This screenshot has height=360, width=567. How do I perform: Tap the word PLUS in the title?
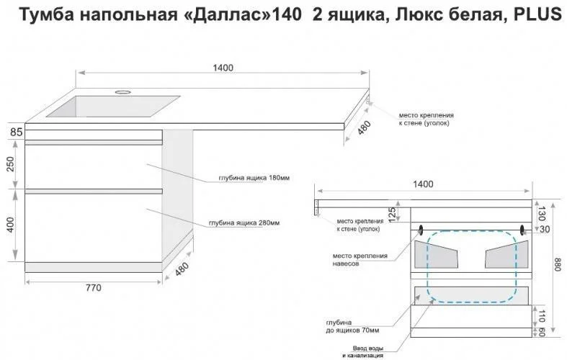[x=537, y=14]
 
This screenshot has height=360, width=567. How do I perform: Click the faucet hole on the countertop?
[x=123, y=92]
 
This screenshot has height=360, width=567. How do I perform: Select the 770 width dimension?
[x=93, y=288]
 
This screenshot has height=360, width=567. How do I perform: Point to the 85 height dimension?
[x=17, y=132]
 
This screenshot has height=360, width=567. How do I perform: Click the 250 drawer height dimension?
[x=10, y=164]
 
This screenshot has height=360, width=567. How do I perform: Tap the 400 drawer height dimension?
[x=10, y=225]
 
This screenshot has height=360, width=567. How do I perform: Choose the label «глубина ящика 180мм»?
[x=254, y=178]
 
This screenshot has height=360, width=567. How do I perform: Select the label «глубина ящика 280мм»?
[x=244, y=222]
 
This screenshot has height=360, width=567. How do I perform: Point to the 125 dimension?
[x=392, y=215]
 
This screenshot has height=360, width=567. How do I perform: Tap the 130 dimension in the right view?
[x=541, y=214]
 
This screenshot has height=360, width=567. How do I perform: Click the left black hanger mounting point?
[x=421, y=229]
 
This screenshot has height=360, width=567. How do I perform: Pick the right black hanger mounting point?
[x=522, y=229]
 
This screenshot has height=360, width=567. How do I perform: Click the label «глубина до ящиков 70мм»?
[x=352, y=326]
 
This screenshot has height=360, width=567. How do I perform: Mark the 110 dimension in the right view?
[x=541, y=316]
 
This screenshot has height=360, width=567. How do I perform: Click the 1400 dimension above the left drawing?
[x=223, y=68]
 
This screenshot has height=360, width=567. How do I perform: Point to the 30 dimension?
[x=544, y=229]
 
